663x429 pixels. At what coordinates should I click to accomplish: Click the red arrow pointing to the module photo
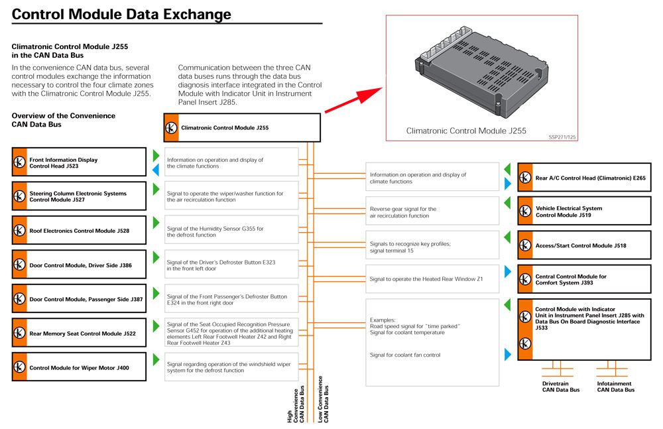353,100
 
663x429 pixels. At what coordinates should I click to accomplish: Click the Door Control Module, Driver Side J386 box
79,265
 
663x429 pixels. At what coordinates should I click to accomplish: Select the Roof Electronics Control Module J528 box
79,230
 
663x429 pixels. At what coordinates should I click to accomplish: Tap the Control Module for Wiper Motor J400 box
79,367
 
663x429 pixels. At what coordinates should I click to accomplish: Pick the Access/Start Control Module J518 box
584,245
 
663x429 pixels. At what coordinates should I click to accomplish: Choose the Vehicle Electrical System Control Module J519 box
584,211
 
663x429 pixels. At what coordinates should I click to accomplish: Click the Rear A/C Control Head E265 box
584,177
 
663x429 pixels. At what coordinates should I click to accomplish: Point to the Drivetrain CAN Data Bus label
561,387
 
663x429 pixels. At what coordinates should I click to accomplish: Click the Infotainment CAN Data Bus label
616,387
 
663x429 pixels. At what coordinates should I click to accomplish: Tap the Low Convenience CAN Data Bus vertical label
323,399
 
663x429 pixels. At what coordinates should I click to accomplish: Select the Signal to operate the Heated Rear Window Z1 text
426,278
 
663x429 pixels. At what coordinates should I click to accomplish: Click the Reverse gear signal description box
432,211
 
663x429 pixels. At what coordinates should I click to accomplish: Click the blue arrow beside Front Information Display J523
156,170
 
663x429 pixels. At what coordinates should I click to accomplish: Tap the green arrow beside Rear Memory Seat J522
156,326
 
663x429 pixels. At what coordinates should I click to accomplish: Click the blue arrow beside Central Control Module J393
508,272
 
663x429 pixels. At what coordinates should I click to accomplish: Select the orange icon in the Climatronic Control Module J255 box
171,128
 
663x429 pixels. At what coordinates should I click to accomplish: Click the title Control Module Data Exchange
121,14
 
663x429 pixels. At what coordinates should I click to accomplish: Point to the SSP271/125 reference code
562,137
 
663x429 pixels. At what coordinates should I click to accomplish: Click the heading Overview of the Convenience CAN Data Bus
64,120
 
